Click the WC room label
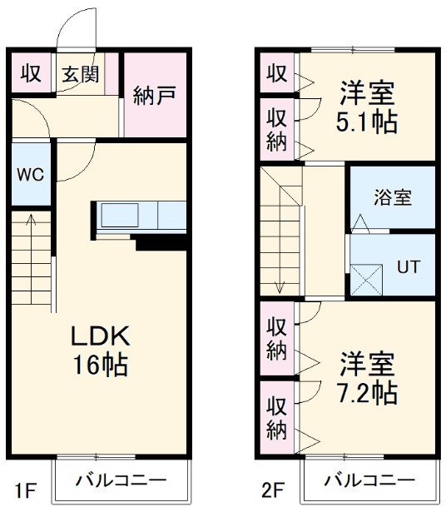click(x=30, y=175)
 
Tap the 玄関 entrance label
click(x=79, y=73)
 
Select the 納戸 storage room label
click(x=154, y=95)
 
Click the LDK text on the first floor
click(x=99, y=336)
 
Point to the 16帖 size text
click(x=99, y=365)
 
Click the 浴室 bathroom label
click(x=392, y=198)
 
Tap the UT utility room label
click(x=408, y=266)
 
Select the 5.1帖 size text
click(x=367, y=122)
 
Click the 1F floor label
click(x=25, y=490)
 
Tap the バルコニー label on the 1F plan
click(x=121, y=480)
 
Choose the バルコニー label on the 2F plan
click(x=369, y=480)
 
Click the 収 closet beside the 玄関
click(x=31, y=73)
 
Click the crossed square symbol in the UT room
click(x=367, y=277)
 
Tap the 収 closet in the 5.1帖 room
click(x=277, y=74)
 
